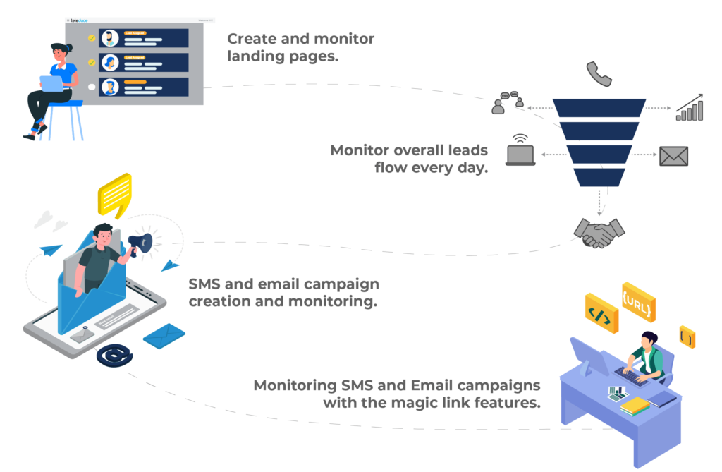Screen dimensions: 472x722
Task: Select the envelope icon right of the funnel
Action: click(673, 156)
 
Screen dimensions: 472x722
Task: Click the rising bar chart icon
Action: click(690, 107)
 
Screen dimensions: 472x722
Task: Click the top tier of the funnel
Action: click(599, 107)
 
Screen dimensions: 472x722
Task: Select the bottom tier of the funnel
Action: click(599, 176)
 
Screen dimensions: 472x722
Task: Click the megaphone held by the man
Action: click(141, 242)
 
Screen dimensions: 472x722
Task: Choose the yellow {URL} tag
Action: click(638, 301)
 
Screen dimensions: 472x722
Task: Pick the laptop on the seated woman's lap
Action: click(51, 83)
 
